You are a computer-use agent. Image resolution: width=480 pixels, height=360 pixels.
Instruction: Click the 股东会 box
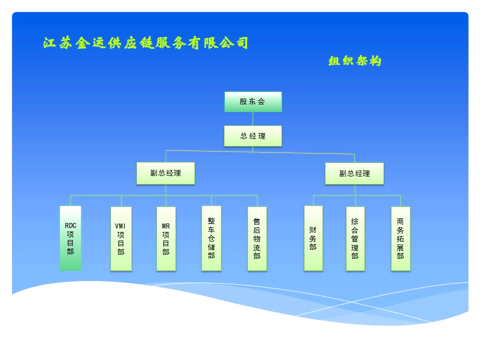click(253, 101)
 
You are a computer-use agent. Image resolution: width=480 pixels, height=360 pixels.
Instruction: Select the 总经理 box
click(253, 136)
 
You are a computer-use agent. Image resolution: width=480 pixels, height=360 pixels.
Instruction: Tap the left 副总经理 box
click(165, 173)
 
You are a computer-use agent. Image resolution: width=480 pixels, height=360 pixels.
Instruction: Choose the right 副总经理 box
click(354, 173)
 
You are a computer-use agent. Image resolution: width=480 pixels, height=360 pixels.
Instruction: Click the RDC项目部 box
click(70, 238)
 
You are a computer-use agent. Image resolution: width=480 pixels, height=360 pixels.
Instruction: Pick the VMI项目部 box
click(121, 239)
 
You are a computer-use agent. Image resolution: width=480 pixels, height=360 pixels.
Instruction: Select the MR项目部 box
click(166, 239)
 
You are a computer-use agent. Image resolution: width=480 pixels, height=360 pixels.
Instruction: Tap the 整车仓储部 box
click(211, 238)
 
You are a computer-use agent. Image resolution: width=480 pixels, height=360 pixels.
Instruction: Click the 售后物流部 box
click(257, 239)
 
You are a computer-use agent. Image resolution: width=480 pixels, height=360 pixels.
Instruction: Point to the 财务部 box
click(313, 238)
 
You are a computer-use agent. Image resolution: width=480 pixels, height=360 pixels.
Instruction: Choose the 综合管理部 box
click(355, 239)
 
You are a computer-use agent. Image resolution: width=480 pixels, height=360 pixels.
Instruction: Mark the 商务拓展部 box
click(400, 239)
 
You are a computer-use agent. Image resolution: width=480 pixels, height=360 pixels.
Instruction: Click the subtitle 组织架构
click(355, 61)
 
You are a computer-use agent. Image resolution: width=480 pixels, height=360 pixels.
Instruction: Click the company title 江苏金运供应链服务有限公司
click(145, 43)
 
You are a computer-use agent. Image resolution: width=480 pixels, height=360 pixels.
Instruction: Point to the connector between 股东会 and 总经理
click(253, 119)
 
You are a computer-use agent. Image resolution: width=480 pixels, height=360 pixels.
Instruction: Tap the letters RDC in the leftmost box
click(70, 225)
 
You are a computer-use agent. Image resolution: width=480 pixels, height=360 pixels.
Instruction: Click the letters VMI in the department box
click(120, 226)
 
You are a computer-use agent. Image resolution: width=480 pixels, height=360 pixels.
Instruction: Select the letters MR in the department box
click(166, 226)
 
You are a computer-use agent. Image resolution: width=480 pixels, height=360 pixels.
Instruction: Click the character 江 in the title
click(49, 43)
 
